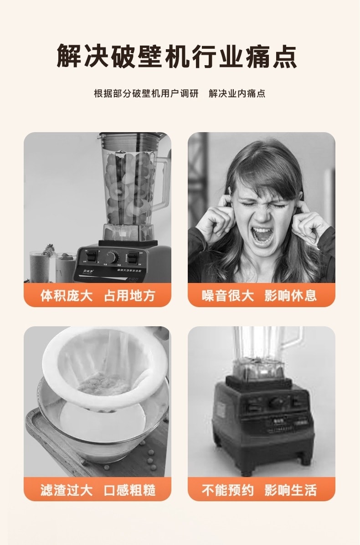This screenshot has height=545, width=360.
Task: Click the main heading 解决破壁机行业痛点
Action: [177, 56]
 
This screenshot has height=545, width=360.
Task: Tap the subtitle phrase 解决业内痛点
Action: [237, 94]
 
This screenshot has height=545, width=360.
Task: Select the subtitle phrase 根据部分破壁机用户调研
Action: [146, 94]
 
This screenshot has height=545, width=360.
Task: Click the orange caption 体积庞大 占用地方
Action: [98, 295]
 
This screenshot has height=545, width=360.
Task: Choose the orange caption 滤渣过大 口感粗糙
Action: [98, 490]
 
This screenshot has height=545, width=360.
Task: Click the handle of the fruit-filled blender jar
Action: [161, 182]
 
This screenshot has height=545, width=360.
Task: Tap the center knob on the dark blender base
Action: [275, 402]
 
